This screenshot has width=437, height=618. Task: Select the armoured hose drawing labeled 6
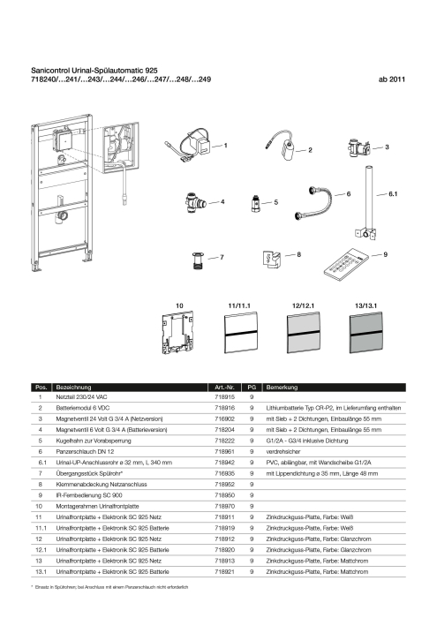pos(313,202)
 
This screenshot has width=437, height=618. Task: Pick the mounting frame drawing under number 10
pos(178,333)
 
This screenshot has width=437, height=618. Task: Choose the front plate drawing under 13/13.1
pos(366,333)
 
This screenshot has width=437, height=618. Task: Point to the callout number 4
pos(222,202)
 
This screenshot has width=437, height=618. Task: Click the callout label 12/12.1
pos(303,305)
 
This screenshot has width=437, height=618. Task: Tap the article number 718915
pos(224,397)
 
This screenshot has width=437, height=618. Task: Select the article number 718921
pos(224,571)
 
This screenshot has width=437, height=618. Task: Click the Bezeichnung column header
pos(73,387)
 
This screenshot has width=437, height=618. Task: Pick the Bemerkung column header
pos(282,387)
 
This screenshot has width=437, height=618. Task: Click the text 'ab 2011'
pos(392,79)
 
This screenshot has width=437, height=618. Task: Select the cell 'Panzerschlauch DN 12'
pos(85,452)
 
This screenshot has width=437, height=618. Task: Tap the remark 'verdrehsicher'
pos(283,452)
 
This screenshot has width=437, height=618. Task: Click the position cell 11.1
pos(41,528)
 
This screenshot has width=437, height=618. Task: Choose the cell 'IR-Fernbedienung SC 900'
pos(89,495)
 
